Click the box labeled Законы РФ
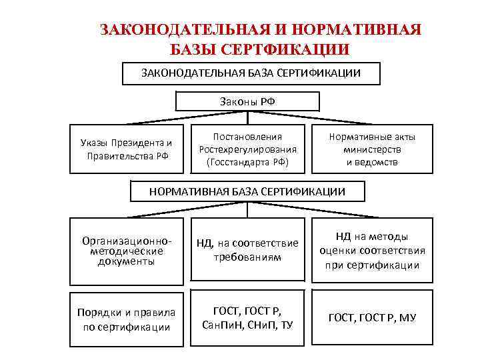coord(247,102)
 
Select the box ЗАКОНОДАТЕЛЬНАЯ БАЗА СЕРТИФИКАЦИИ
coord(251,73)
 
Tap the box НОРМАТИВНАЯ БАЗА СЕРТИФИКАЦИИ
coord(247,192)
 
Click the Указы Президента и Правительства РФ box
coord(125,149)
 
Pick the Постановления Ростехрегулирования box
coord(247,149)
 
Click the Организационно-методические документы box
coord(125,251)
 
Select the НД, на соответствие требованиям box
coord(247,251)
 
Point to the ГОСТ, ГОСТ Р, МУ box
coord(372,317)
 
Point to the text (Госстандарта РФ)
coord(247,162)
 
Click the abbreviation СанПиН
coord(221,324)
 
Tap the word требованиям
coord(247,257)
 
